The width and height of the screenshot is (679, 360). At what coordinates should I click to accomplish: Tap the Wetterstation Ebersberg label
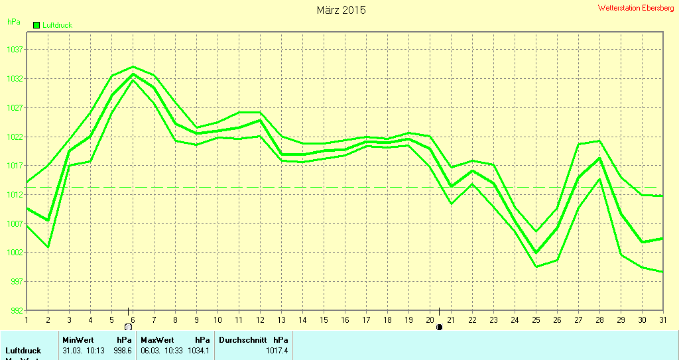[x=636, y=8]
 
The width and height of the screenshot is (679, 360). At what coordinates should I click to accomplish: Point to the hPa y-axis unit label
[x=13, y=21]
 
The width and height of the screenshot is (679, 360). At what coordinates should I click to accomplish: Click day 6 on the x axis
[x=133, y=319]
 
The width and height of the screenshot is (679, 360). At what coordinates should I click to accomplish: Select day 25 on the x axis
[x=536, y=319]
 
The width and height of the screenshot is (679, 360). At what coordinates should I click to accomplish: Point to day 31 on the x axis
[x=662, y=319]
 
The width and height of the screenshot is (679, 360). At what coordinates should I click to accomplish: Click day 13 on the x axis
[x=281, y=319]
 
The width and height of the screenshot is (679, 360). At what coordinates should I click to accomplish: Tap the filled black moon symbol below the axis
[x=439, y=327]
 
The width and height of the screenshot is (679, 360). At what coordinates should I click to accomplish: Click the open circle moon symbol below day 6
[x=129, y=327]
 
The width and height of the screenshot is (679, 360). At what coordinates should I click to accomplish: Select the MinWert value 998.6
[x=124, y=350]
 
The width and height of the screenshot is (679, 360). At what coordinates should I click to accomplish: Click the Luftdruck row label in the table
[x=23, y=350]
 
